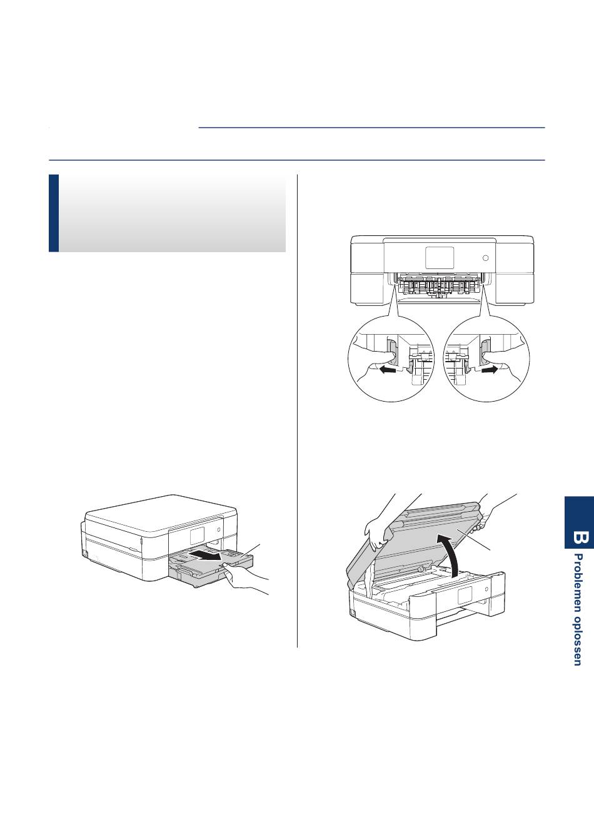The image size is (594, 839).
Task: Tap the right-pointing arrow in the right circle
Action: pyautogui.click(x=491, y=370)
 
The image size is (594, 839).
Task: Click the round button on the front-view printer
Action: pyautogui.click(x=485, y=258)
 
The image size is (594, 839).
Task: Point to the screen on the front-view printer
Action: pyautogui.click(x=440, y=257)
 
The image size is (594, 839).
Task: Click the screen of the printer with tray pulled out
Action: pyautogui.click(x=197, y=536)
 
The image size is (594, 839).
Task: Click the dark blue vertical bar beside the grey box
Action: pyautogui.click(x=54, y=213)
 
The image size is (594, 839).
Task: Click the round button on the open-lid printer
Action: pyautogui.click(x=486, y=589)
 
